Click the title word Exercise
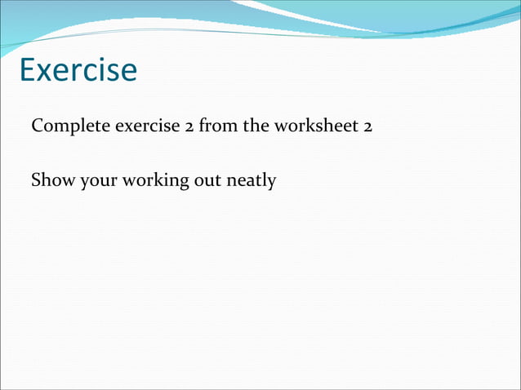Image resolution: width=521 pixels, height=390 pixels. click(x=78, y=70)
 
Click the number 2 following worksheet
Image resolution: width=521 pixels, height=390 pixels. click(x=368, y=128)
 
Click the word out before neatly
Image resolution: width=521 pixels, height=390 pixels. click(x=207, y=180)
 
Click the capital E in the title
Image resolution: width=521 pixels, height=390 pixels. click(x=26, y=70)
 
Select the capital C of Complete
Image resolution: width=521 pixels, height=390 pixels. click(x=37, y=128)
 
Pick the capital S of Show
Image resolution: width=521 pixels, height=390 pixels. click(x=36, y=180)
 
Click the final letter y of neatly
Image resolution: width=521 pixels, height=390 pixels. click(x=272, y=183)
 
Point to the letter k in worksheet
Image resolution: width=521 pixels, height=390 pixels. click(x=313, y=127)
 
